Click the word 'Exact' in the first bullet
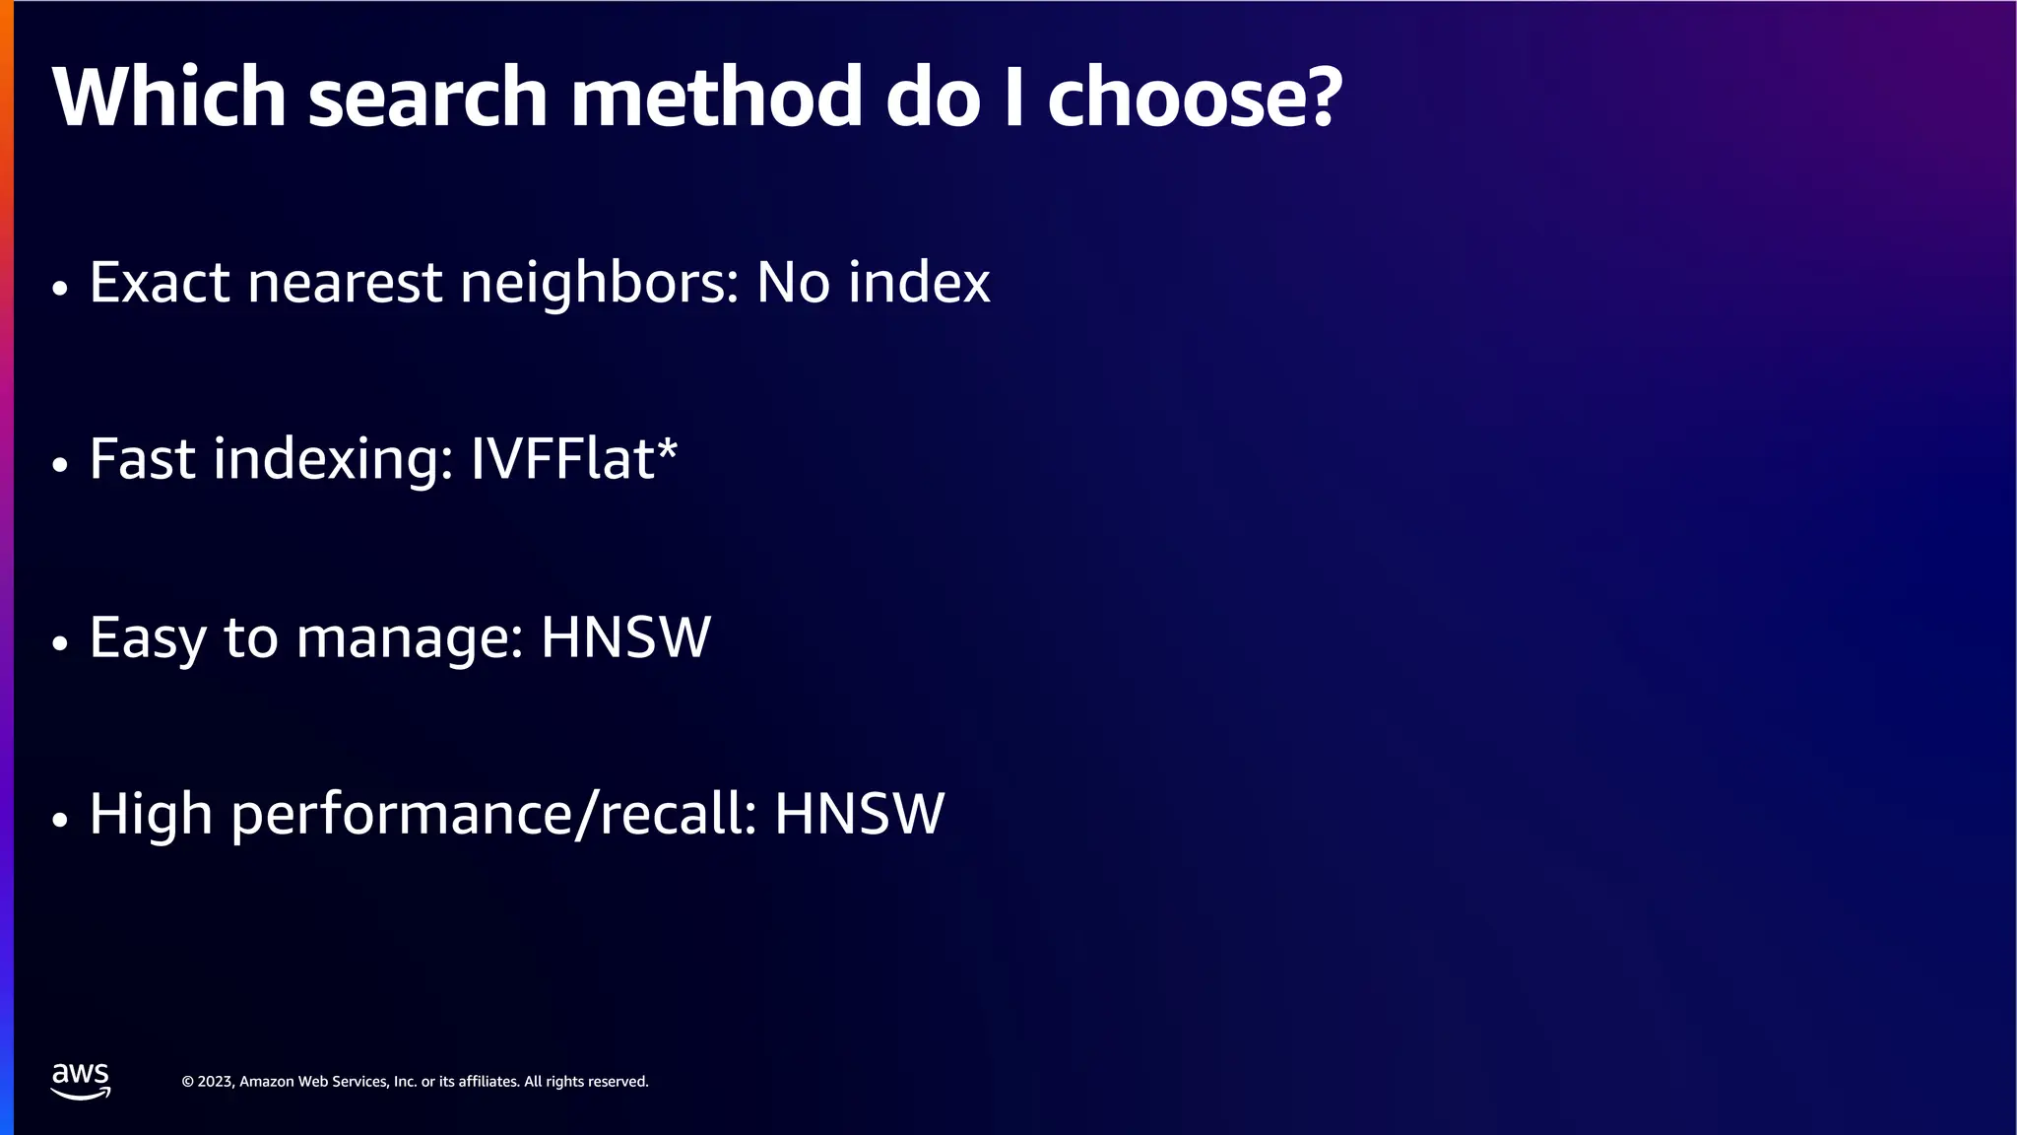[160, 283]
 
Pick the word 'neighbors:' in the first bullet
[600, 285]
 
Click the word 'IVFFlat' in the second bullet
[562, 459]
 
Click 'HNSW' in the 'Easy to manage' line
[625, 637]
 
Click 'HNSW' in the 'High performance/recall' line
[859, 815]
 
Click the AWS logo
[81, 1081]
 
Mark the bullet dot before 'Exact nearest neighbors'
[60, 289]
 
